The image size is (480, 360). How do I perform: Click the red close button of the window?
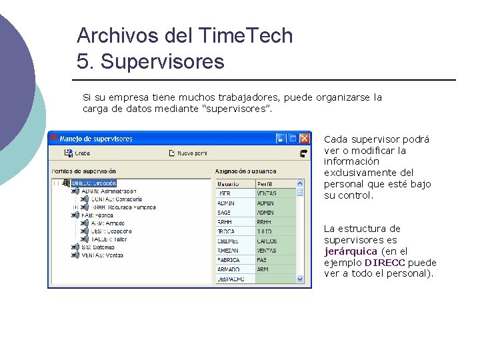point(304,139)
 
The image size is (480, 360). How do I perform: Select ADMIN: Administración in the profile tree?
point(109,191)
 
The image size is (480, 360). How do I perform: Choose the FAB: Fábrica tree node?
point(97,215)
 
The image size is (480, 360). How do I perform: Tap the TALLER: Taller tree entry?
point(108,239)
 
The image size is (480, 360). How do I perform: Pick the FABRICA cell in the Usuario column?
point(230,260)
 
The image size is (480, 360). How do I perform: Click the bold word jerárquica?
point(351,251)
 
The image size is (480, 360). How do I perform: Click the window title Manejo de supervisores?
point(96,139)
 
